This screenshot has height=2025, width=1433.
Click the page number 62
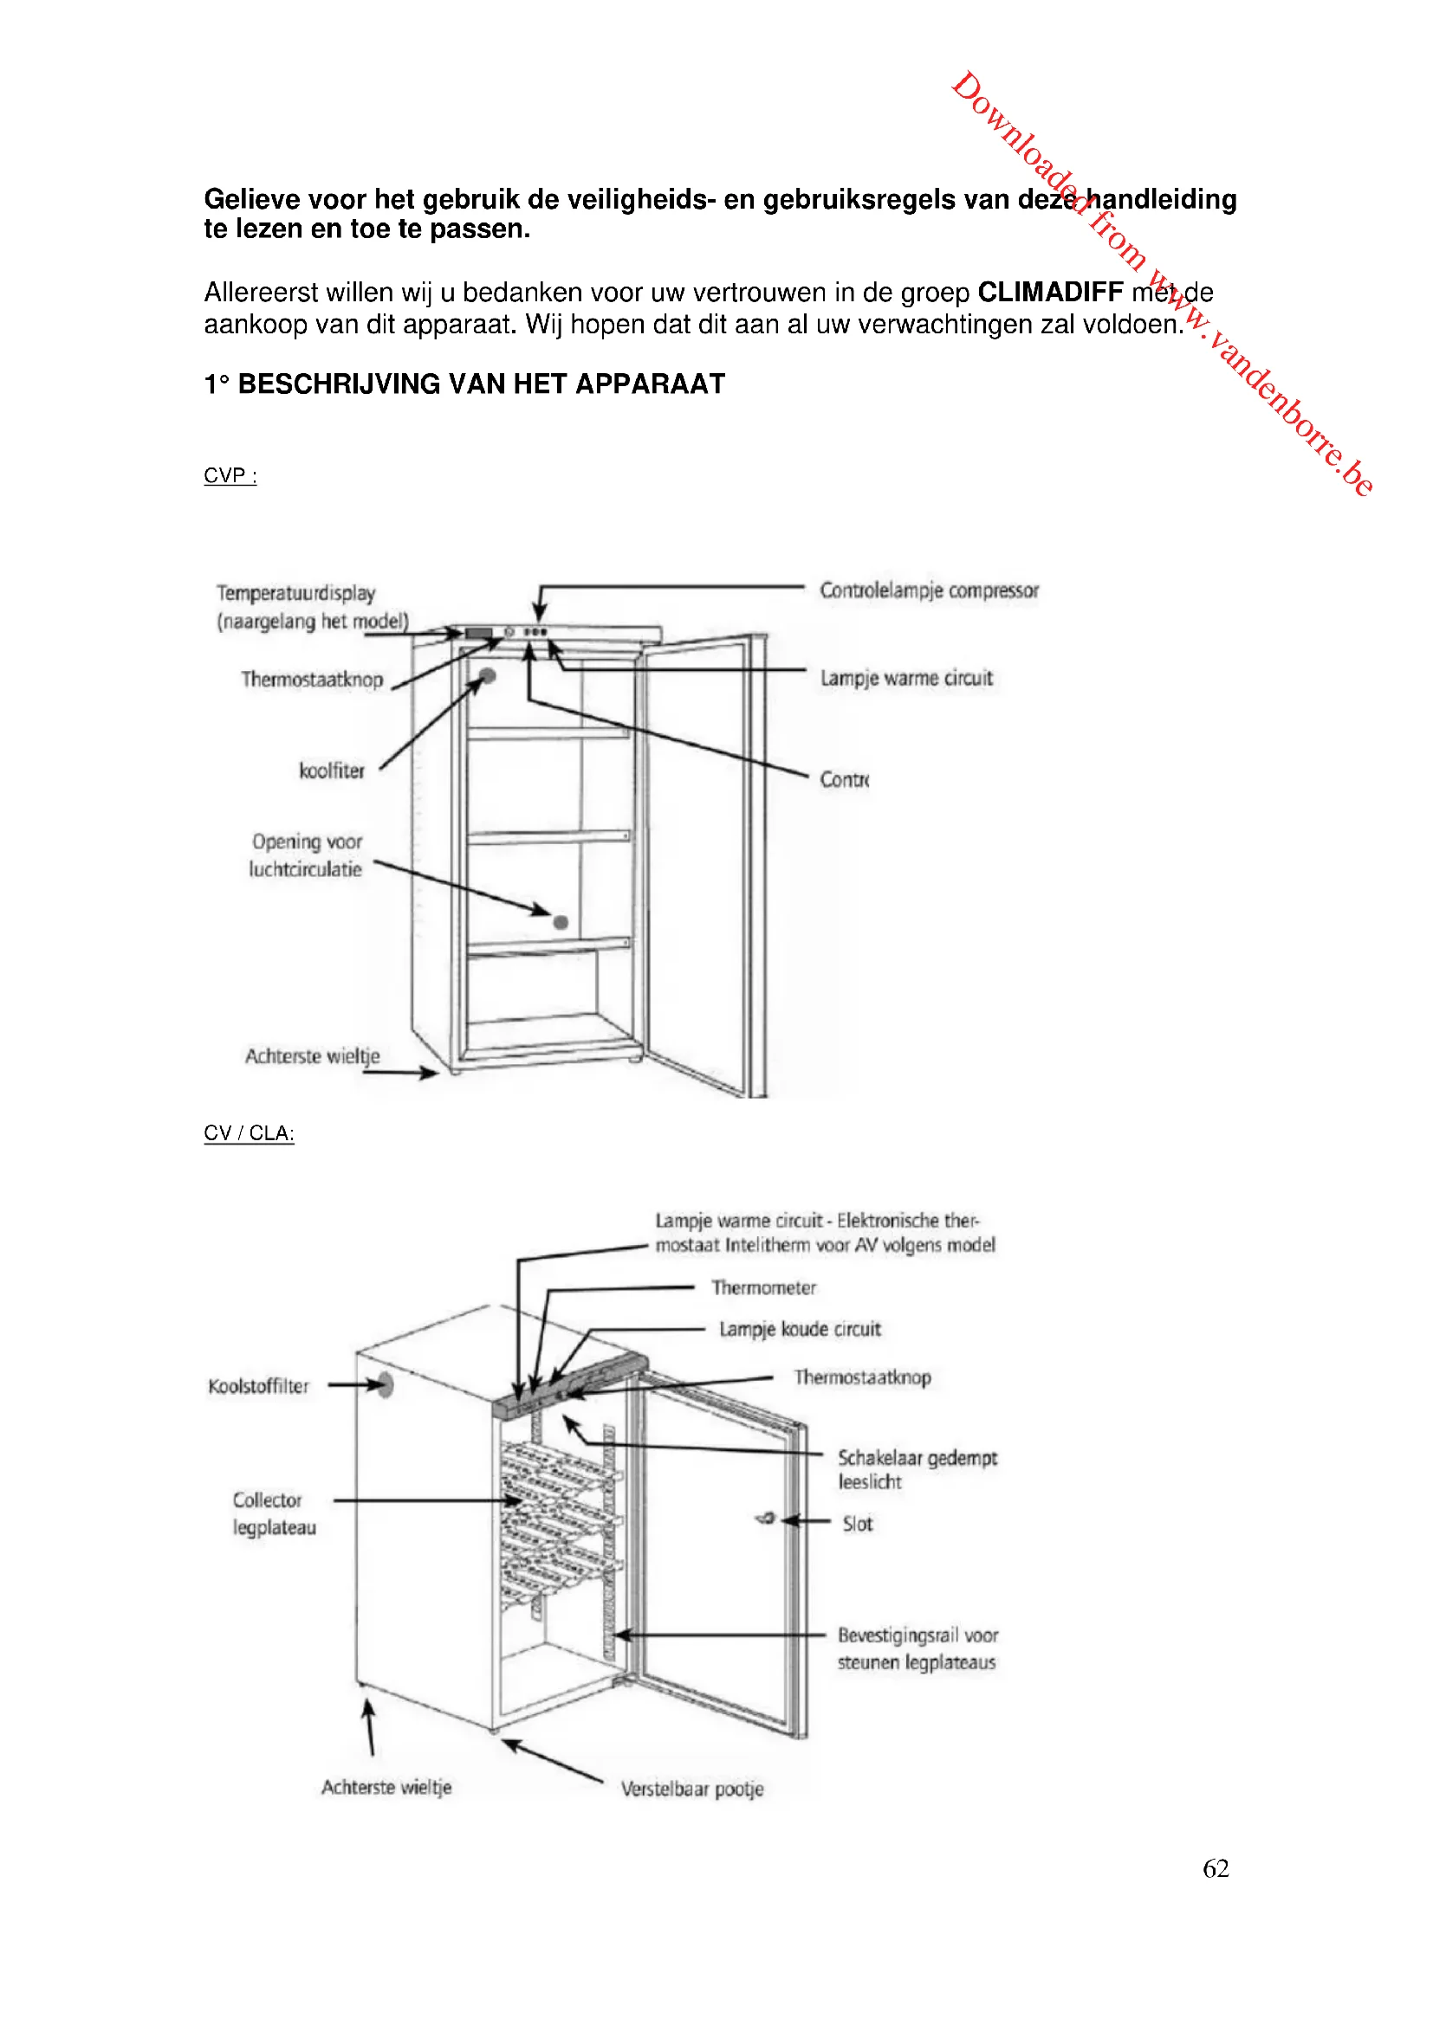1215,1868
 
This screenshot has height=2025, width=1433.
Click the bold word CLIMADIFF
1049,292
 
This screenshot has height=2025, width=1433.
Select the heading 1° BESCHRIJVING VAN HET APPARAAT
464,384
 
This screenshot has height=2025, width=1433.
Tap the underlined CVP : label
230,476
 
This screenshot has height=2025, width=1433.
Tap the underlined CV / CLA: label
249,1133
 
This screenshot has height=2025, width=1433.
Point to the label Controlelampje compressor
928,590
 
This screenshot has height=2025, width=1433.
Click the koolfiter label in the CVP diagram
332,771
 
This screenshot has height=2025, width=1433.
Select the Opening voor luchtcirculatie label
306,855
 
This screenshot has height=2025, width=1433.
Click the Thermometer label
763,1287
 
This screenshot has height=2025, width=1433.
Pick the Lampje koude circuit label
800,1329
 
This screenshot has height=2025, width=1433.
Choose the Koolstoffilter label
258,1386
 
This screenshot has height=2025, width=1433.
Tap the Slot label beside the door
857,1524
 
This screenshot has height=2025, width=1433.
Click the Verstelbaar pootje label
691,1789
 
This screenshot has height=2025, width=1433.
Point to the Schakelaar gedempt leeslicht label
916,1470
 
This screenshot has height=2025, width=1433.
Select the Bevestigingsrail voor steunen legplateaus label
917,1648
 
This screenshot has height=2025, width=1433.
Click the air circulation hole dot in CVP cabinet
561,923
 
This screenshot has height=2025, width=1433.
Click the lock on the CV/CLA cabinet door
766,1519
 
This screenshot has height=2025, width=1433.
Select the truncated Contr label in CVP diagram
845,780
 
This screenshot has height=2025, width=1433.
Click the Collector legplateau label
274,1513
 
